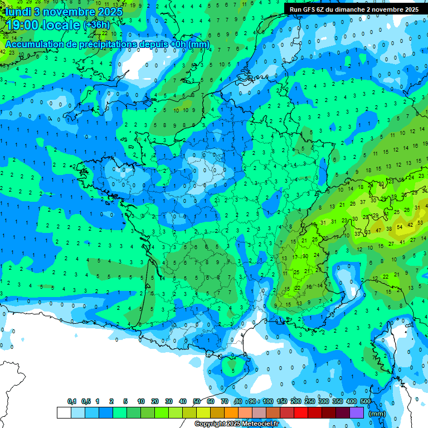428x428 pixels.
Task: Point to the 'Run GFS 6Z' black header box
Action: pos(354,9)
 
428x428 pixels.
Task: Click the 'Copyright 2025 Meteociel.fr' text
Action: pos(236,424)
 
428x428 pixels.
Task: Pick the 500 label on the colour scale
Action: pos(366,402)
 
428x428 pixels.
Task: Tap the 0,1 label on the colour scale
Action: pos(72,402)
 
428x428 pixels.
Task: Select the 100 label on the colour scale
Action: pos(267,402)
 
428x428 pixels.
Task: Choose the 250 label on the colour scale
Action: pos(309,402)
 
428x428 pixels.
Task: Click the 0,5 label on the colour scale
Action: pos(86,402)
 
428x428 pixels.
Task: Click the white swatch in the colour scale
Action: pos(64,412)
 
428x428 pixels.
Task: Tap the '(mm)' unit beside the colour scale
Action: pos(377,414)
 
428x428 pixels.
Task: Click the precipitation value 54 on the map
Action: pos(400,227)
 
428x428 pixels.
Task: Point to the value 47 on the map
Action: pos(379,230)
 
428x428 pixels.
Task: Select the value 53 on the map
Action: pos(368,232)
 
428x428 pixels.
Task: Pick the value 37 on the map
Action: pos(363,202)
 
